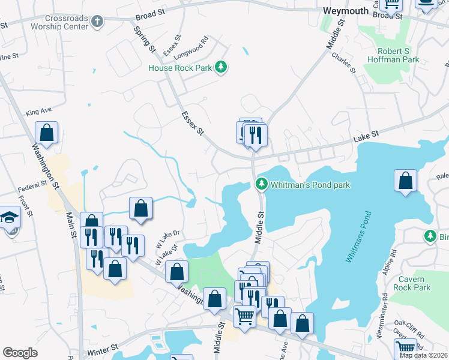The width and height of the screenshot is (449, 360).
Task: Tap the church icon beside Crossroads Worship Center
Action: coord(98,22)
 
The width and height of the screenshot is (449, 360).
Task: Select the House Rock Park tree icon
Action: coord(221,68)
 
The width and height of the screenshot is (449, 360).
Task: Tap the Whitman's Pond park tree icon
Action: coord(261,183)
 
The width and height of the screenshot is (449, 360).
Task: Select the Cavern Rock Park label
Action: coord(415,283)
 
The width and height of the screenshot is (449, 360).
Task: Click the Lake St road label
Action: coord(367,138)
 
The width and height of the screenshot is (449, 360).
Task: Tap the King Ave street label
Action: coord(39,112)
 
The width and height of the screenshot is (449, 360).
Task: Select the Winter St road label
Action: coord(101,349)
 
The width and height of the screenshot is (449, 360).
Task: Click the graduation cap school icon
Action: coord(10,217)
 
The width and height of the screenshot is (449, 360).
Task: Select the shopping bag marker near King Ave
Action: coord(47,133)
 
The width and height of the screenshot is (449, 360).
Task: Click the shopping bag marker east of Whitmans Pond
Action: coord(406,181)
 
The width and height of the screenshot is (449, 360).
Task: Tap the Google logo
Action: coord(20,353)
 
